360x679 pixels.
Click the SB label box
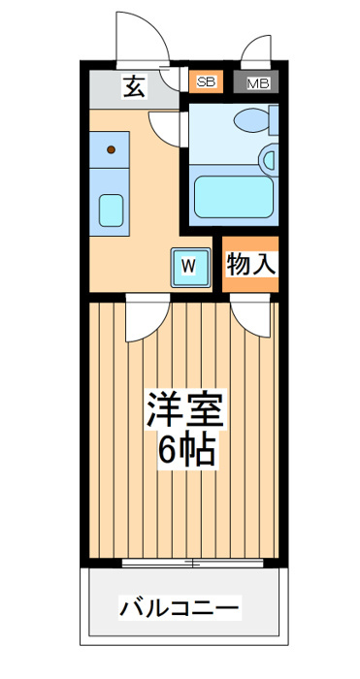[207, 81]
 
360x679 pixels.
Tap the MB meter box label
[259, 83]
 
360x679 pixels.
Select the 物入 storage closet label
[250, 263]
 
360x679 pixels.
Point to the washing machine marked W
[190, 267]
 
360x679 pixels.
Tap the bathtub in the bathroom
[234, 197]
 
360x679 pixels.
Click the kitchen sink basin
[111, 210]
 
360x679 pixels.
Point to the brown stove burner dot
[111, 149]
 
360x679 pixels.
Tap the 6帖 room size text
[186, 449]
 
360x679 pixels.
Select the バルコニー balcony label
[180, 608]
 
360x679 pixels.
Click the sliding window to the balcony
[192, 563]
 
